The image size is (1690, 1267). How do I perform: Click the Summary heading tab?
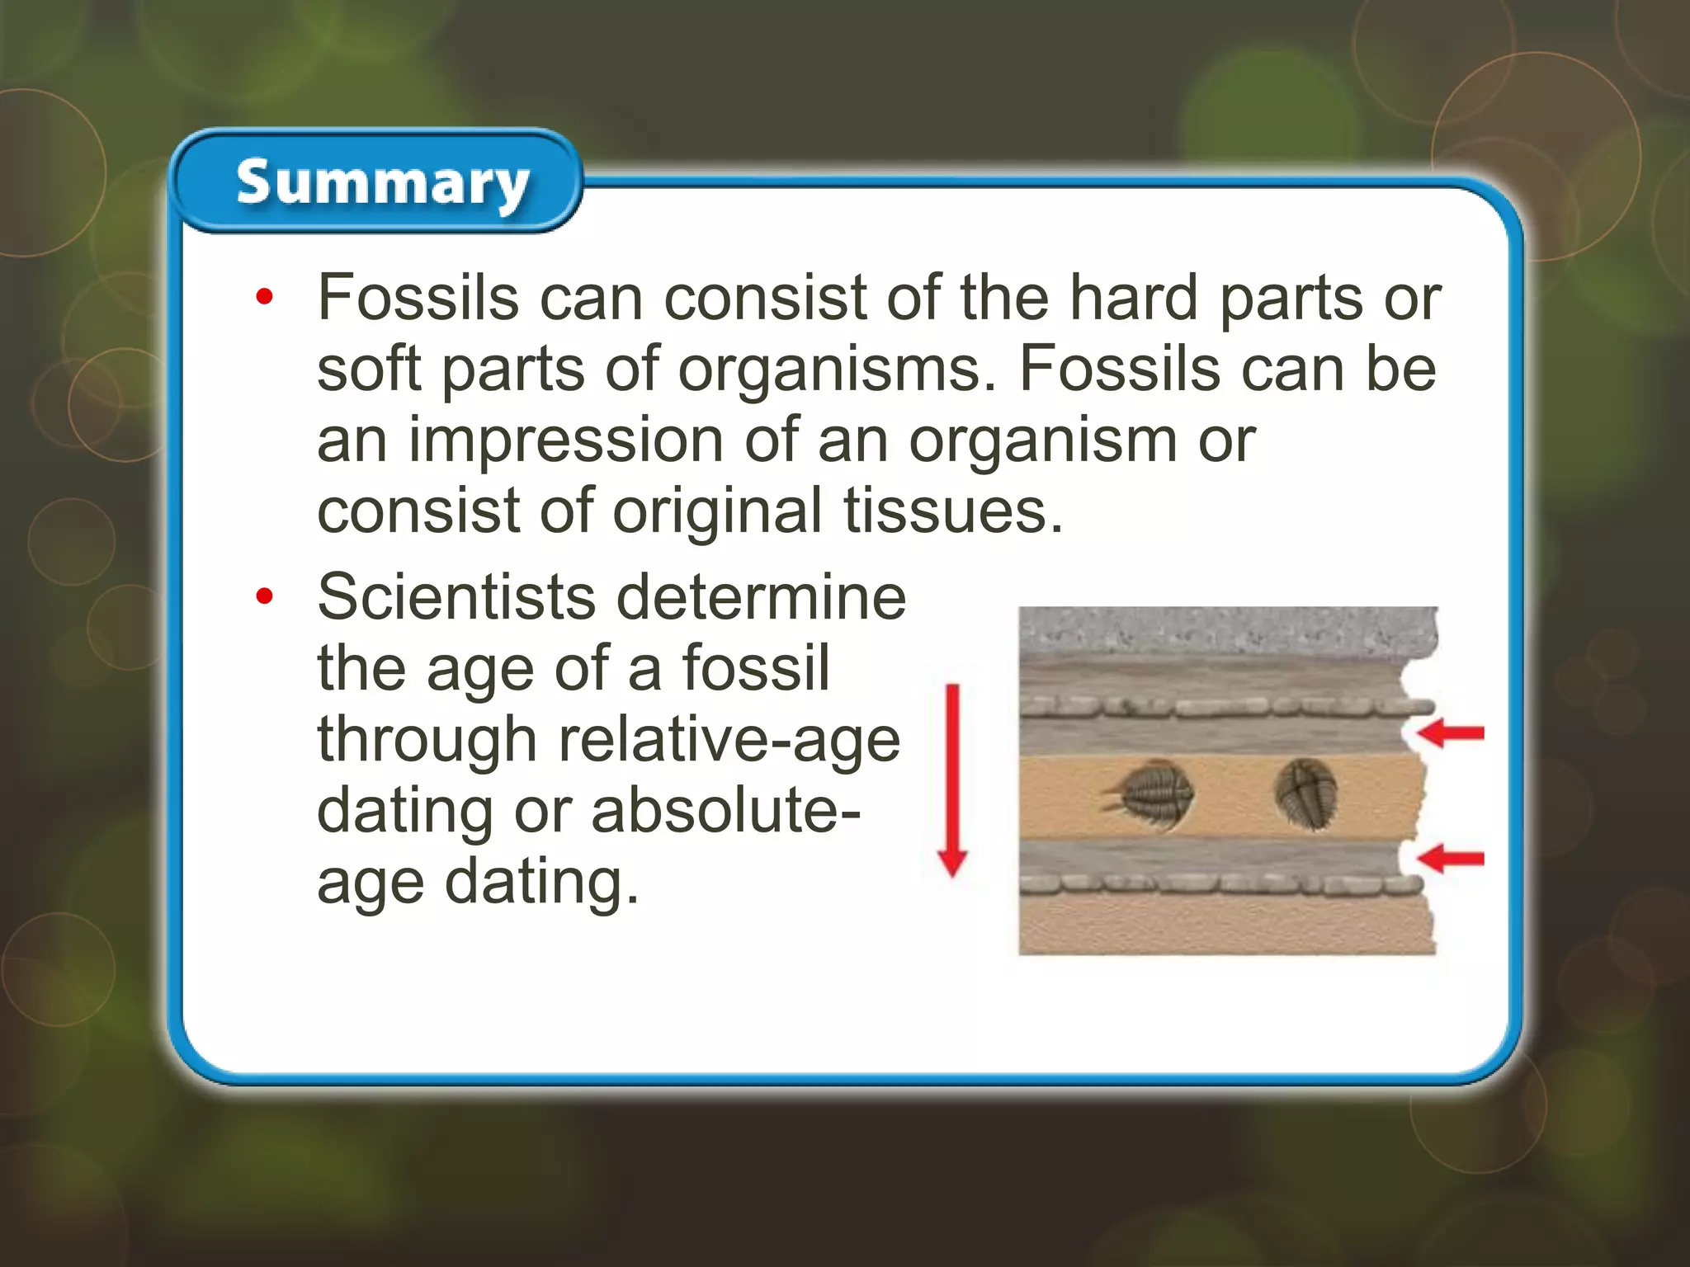click(381, 183)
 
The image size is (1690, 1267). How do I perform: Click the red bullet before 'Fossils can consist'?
click(263, 297)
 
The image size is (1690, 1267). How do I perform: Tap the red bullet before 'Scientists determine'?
click(263, 596)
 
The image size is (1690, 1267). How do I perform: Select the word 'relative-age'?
click(729, 740)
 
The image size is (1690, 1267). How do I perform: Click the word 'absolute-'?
click(725, 811)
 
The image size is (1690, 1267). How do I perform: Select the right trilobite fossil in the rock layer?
click(1305, 794)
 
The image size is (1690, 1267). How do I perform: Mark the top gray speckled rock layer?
click(1227, 631)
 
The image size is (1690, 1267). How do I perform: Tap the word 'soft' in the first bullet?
click(369, 370)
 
